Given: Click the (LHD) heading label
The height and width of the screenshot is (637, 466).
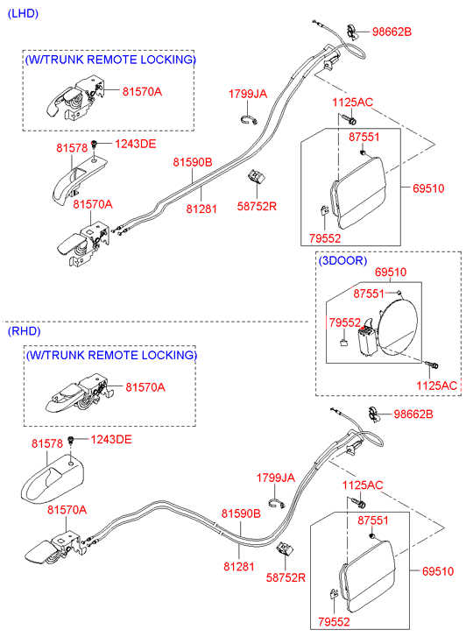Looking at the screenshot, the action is [x=23, y=14].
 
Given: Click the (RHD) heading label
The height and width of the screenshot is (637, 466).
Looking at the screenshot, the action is [x=25, y=331].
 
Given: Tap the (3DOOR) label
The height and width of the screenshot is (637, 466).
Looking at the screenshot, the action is [x=342, y=260].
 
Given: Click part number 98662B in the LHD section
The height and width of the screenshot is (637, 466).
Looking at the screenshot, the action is [x=392, y=32].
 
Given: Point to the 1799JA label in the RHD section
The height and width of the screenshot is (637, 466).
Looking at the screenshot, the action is [x=275, y=478].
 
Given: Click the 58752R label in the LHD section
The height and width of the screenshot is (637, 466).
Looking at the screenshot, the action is [x=257, y=207].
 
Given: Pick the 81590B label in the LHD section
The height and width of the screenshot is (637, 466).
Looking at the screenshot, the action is [x=193, y=162].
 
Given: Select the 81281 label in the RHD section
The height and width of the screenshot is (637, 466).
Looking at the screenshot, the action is [x=239, y=566].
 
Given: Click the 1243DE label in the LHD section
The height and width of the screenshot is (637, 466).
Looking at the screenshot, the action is [x=135, y=144].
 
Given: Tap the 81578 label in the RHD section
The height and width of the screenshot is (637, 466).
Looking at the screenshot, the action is [x=47, y=443].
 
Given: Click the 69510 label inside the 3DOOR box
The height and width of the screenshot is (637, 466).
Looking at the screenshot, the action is [x=391, y=272].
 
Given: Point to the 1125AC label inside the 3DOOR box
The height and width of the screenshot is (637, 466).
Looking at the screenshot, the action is [x=437, y=386].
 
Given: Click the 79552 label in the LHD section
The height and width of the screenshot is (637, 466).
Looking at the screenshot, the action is [x=325, y=238].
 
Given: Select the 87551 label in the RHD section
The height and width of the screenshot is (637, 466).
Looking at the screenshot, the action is [x=373, y=520].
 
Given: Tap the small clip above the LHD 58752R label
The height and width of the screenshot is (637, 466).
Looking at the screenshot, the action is [x=257, y=177].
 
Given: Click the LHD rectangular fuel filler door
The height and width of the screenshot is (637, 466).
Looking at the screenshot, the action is [x=357, y=192].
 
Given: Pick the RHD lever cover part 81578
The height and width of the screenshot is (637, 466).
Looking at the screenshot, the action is [x=52, y=479].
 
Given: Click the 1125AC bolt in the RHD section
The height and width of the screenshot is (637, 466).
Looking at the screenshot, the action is [x=359, y=503].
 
